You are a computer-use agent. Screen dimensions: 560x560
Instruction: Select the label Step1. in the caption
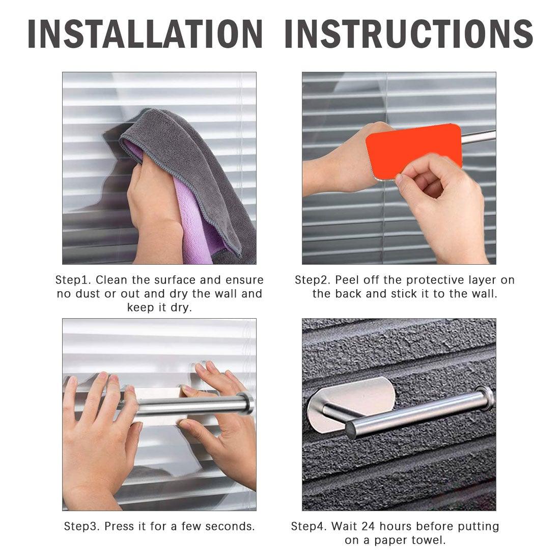73,280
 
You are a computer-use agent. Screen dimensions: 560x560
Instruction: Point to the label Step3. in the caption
82,526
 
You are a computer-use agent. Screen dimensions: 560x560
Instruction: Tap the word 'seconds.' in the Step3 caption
232,526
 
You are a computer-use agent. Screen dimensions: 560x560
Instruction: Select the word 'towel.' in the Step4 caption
430,540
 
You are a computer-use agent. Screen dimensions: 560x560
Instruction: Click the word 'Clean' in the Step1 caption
112,280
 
